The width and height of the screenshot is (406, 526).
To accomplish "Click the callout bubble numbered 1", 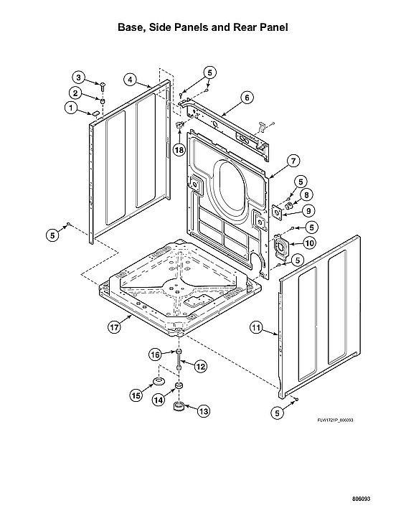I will click(x=70, y=108).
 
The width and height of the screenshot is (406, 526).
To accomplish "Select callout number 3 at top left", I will click(x=80, y=78).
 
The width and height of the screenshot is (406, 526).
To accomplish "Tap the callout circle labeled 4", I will click(x=130, y=79).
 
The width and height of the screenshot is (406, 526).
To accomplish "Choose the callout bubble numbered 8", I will click(x=306, y=194).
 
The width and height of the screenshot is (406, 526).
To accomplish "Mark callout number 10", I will click(x=309, y=243).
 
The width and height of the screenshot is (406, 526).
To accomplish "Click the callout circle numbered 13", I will click(x=204, y=411).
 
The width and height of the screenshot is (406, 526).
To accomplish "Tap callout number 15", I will click(x=136, y=395).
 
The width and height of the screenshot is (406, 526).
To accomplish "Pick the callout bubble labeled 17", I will click(x=113, y=327).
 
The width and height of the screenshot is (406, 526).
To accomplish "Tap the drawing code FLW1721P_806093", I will click(x=336, y=421).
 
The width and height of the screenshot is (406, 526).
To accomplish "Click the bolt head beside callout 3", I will click(x=103, y=85).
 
